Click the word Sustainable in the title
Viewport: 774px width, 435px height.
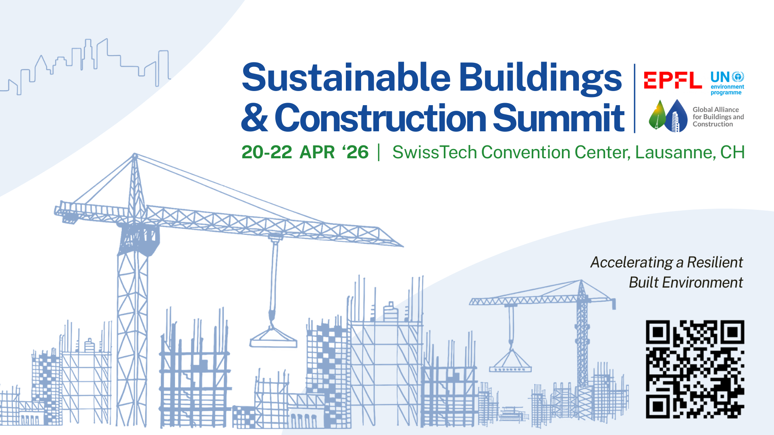pyautogui.click(x=346, y=77)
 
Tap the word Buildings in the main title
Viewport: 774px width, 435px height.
pyautogui.click(x=541, y=79)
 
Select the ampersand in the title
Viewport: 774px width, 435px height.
pyautogui.click(x=254, y=118)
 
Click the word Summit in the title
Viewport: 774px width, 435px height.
pyautogui.click(x=558, y=118)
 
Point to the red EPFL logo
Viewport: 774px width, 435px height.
pyautogui.click(x=673, y=80)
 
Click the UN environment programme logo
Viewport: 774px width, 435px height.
pyautogui.click(x=727, y=83)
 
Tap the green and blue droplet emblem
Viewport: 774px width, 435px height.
pyautogui.click(x=668, y=116)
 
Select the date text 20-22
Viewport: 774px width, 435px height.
pyautogui.click(x=267, y=152)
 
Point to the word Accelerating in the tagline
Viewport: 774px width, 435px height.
pyautogui.click(x=632, y=263)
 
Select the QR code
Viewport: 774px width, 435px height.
pyautogui.click(x=695, y=369)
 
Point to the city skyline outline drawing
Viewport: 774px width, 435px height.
pyautogui.click(x=85, y=66)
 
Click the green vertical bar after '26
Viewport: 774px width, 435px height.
pyautogui.click(x=379, y=152)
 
